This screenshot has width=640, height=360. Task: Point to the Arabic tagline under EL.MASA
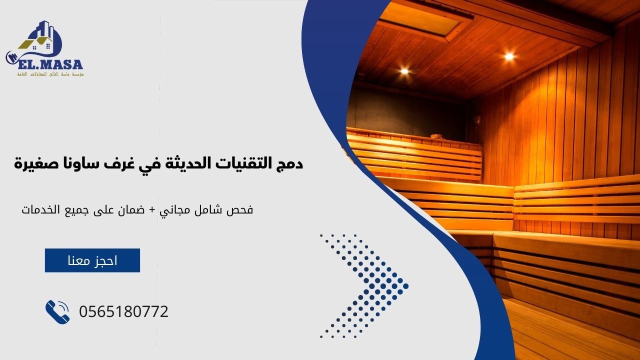[50, 74]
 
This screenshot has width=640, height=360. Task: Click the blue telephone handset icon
[57, 312]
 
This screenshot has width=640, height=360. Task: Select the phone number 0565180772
[123, 312]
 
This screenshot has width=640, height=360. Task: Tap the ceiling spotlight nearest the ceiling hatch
[404, 71]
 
